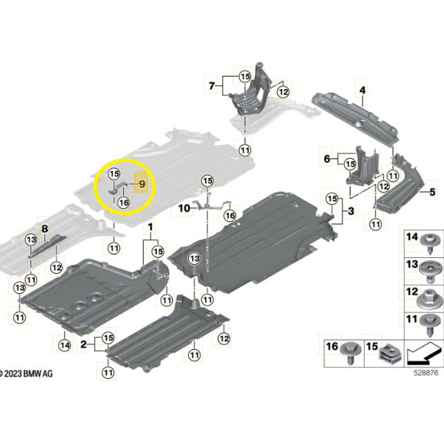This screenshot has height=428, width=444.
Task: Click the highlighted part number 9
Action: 142,185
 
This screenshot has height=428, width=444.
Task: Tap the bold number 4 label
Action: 362,91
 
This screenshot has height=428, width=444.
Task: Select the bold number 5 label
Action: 432,192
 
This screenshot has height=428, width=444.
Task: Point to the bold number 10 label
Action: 184,209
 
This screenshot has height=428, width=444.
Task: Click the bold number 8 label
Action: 45,229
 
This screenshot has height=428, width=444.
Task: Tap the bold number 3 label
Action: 351,211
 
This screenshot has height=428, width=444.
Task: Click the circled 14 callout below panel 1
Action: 65,345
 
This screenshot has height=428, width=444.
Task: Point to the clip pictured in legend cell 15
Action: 391,354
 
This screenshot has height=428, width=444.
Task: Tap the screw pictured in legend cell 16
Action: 351,352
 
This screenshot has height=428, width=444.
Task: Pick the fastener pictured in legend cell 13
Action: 430,271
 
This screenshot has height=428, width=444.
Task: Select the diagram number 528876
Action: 425,373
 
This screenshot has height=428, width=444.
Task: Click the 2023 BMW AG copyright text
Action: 26,373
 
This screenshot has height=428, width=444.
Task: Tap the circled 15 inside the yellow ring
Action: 114,174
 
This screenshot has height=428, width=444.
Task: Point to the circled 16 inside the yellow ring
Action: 124,203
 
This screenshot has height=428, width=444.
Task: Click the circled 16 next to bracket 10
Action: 230,216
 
